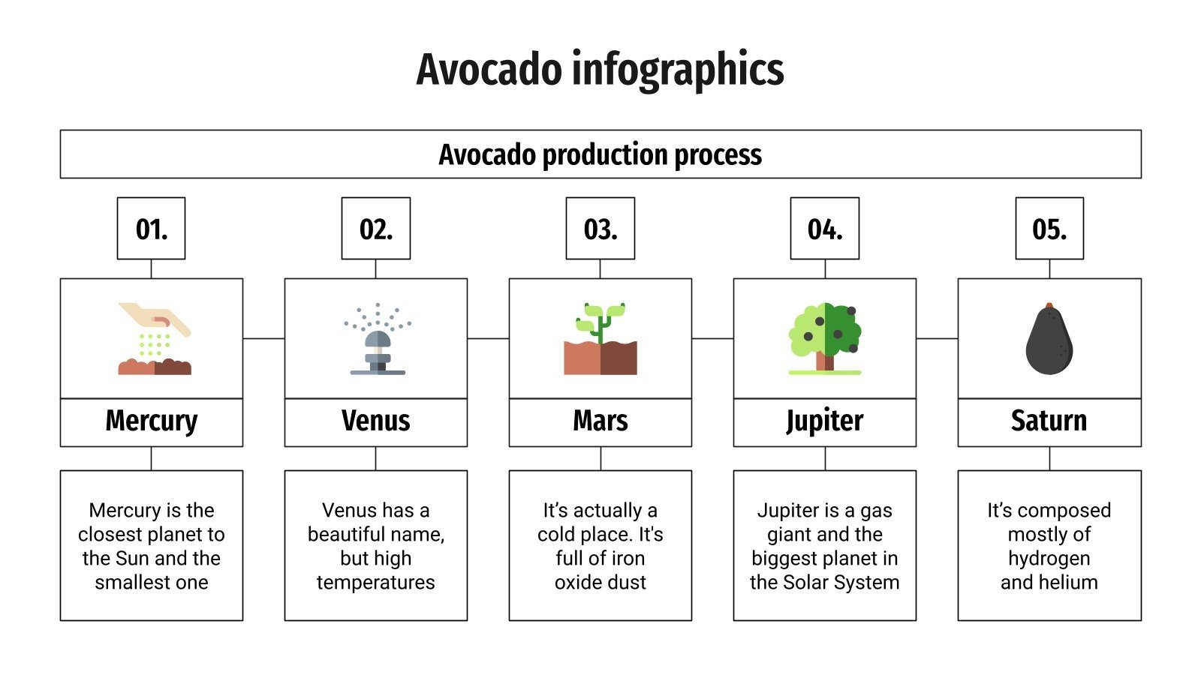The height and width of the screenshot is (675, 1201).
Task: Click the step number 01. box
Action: pyautogui.click(x=151, y=229)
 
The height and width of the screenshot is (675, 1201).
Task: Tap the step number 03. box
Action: pyautogui.click(x=600, y=229)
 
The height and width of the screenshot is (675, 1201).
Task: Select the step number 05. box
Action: pyautogui.click(x=1049, y=229)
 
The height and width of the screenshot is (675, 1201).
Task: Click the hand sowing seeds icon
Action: pyautogui.click(x=154, y=338)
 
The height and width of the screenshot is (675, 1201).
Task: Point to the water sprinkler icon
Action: pyautogui.click(x=378, y=339)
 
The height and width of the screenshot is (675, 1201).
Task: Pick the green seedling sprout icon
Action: pyautogui.click(x=600, y=339)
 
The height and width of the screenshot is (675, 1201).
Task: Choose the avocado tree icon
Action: pyautogui.click(x=824, y=339)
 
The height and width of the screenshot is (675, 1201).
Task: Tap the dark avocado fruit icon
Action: pyautogui.click(x=1049, y=339)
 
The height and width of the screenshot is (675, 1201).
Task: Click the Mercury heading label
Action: pyautogui.click(x=151, y=421)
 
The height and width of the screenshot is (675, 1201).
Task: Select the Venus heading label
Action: pyautogui.click(x=375, y=421)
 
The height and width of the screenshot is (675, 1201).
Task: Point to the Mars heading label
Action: pyautogui.click(x=600, y=421)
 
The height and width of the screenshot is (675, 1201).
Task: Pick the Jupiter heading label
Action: pyautogui.click(x=824, y=421)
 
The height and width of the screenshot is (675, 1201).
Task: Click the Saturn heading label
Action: pyautogui.click(x=1049, y=421)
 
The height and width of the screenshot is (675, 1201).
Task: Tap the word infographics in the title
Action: pyautogui.click(x=678, y=70)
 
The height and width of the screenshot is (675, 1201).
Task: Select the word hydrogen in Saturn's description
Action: pyautogui.click(x=1049, y=559)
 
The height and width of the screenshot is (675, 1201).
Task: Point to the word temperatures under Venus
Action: pyautogui.click(x=375, y=583)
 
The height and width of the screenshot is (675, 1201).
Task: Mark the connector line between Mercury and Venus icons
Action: pyautogui.click(x=263, y=339)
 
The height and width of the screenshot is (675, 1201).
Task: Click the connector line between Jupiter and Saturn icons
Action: pyautogui.click(x=937, y=339)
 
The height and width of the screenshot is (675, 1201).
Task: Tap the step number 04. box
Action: pyautogui.click(x=824, y=229)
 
